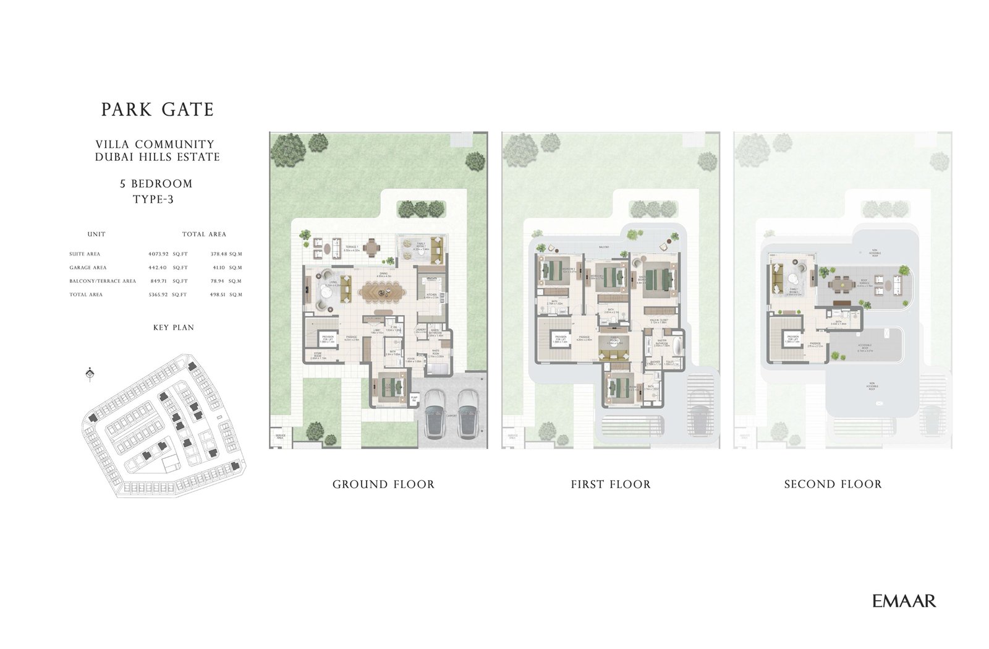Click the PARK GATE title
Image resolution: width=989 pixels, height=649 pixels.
[x=158, y=110]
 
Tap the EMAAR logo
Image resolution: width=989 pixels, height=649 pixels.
[x=904, y=600]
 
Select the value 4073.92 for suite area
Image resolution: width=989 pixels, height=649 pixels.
[x=158, y=254]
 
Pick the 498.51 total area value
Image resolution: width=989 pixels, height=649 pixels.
[x=219, y=295]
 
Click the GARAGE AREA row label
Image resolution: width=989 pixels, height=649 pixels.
[x=88, y=268]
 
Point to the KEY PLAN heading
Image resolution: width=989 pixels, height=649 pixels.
[x=173, y=327]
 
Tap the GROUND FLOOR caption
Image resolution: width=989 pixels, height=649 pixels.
[x=383, y=484]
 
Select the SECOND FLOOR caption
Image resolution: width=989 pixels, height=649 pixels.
[x=833, y=484]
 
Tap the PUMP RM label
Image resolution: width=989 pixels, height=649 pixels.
[x=414, y=400]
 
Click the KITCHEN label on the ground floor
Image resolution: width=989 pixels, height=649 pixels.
[x=431, y=295]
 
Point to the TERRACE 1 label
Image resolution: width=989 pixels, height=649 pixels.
[x=351, y=247]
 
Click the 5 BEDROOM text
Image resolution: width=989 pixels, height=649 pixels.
[x=156, y=184]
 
